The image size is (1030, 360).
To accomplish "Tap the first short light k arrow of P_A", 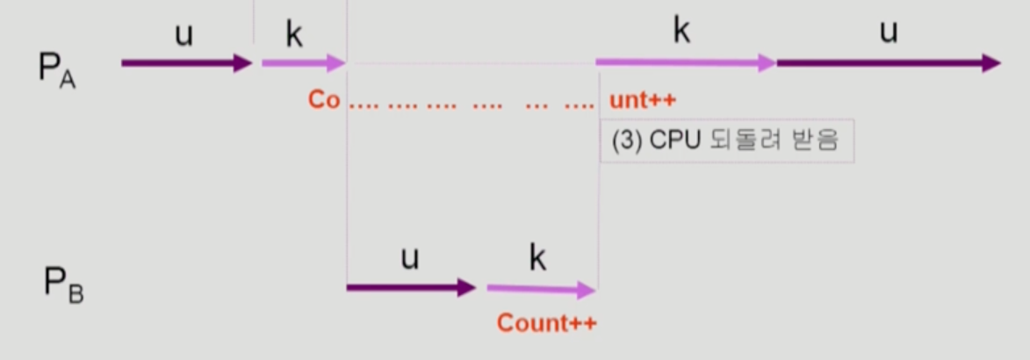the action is [304, 63].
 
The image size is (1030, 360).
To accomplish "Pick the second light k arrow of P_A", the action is [685, 63].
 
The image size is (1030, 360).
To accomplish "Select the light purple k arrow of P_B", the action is [541, 288].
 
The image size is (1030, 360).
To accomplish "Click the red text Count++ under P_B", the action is [546, 323].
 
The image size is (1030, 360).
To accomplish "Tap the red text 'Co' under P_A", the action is [323, 99].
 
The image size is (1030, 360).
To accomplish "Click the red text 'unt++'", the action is [643, 99].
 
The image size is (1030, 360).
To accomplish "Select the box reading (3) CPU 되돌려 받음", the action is [727, 140].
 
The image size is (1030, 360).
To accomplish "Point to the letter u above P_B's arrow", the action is [409, 258].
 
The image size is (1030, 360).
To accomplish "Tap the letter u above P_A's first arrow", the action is [184, 36].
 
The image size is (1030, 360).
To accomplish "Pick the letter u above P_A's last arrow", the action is [889, 32].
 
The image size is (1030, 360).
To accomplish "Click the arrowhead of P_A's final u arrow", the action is [991, 63].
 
